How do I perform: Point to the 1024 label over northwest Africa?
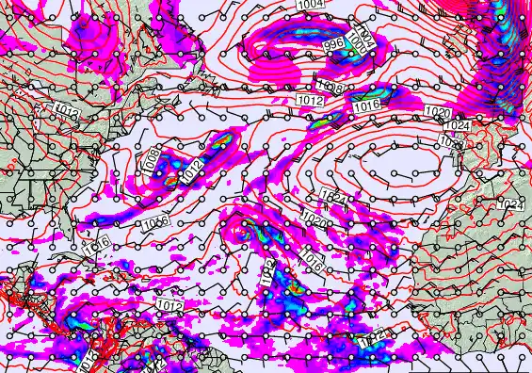point(509,204)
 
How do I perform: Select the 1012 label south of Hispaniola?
point(169,306)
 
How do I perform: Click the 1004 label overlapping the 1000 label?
point(367,41)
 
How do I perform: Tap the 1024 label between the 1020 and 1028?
point(457,125)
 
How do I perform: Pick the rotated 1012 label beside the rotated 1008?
point(192,172)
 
